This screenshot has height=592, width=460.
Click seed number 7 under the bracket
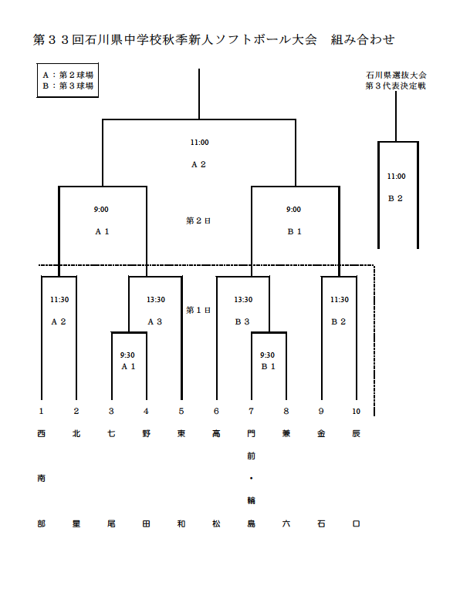click(251, 412)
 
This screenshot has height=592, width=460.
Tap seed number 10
click(356, 412)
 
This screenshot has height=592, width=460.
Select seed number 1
click(41, 412)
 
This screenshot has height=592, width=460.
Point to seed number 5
click(181, 412)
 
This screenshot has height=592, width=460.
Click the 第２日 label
click(198, 220)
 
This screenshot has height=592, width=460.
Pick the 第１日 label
click(198, 310)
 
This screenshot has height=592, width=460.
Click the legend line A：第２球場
click(69, 76)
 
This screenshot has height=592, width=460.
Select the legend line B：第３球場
click(69, 86)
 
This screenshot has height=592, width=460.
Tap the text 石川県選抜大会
click(397, 76)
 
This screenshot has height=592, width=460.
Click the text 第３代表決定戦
click(397, 86)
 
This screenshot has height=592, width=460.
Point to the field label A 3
click(155, 321)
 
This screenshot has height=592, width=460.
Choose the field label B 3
click(242, 321)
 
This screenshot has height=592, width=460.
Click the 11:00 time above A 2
click(199, 143)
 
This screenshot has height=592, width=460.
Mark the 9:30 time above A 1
click(128, 355)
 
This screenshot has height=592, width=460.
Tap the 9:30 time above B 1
click(268, 355)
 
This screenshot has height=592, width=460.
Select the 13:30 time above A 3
click(155, 300)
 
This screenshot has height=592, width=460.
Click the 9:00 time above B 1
click(294, 210)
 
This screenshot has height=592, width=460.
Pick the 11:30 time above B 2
click(339, 300)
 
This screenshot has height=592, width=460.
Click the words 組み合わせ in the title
click(363, 40)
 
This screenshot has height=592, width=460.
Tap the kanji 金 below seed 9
click(321, 434)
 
